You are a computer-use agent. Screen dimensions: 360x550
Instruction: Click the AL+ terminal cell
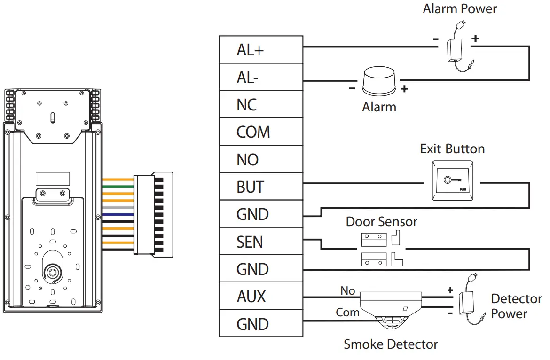coord(261,50)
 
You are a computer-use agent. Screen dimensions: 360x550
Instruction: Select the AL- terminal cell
coord(261,77)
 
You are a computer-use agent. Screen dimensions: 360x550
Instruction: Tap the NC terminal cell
coord(261,104)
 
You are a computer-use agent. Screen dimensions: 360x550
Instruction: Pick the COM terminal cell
coord(261,132)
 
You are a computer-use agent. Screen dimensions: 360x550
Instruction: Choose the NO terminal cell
coord(261,159)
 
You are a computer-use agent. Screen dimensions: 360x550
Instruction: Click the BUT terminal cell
coord(261,187)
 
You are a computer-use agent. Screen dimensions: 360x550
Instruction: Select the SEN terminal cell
coord(261,242)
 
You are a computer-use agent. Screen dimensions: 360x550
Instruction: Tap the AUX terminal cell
coord(261,297)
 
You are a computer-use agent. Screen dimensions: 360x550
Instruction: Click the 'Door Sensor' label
coord(381,222)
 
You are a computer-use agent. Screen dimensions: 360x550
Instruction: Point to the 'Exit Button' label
coord(452,149)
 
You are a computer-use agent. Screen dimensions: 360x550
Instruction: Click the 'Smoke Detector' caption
coord(391,344)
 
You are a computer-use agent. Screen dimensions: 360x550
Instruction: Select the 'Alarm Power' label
coord(459,8)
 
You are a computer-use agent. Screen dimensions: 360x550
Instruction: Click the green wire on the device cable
coord(118,187)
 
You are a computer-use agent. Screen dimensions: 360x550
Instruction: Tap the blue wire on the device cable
coord(118,215)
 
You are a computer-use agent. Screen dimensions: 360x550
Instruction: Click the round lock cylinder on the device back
coord(52,272)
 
